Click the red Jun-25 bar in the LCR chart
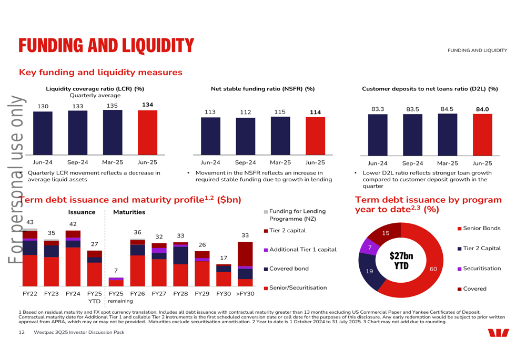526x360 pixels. pos(148,133)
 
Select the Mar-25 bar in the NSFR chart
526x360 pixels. pos(280,136)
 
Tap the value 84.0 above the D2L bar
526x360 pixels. pos(482,109)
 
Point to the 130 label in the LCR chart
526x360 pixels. pos(43,106)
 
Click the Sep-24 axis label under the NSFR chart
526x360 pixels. pos(246,162)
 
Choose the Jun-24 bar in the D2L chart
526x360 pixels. pos(378,135)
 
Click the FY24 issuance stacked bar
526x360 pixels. pos(73,259)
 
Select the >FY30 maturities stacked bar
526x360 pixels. pos(245,264)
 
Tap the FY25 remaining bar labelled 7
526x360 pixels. pos(116,282)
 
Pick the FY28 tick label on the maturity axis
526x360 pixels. pos(180,294)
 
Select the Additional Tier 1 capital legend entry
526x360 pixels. pos(300,250)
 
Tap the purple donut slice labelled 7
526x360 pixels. pos(369,247)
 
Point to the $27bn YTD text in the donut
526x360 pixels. pos(401,261)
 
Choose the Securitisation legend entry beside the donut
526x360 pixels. pos(479,269)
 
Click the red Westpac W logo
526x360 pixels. pos(499,333)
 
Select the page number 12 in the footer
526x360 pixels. pos(22,333)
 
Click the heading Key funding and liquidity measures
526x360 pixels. pos(100,73)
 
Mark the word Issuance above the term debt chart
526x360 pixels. pos(82,212)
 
